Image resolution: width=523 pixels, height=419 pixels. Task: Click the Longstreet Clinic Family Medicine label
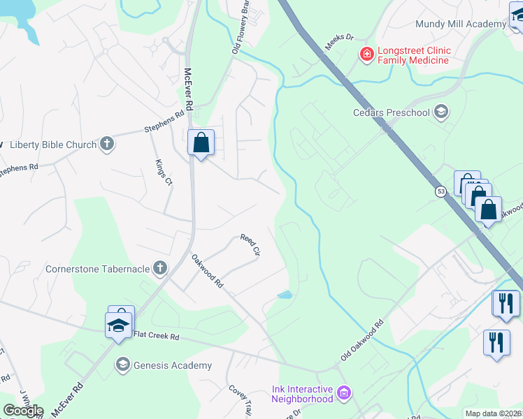click(x=413, y=56)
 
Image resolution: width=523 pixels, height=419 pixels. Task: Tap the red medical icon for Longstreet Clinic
click(x=366, y=54)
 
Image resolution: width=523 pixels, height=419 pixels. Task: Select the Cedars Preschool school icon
click(x=441, y=112)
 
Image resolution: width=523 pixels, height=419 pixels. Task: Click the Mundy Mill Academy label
click(x=460, y=24)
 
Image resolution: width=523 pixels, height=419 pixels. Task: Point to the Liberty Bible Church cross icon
click(x=106, y=145)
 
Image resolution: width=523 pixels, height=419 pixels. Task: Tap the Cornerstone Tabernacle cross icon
click(x=160, y=267)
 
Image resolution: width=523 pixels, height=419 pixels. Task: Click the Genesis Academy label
click(x=172, y=365)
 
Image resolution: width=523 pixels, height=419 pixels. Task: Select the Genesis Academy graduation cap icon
click(x=123, y=365)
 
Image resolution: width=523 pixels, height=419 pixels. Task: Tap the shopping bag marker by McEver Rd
click(x=201, y=142)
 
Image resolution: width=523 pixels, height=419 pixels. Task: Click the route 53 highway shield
click(x=441, y=191)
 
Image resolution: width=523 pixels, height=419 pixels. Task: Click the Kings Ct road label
click(x=164, y=172)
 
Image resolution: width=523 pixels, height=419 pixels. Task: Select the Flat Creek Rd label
click(x=157, y=337)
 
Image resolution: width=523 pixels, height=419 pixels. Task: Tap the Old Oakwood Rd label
click(x=363, y=341)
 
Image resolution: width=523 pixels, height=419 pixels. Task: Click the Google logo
click(x=22, y=411)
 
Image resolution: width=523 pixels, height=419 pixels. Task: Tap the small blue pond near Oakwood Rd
click(x=285, y=295)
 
